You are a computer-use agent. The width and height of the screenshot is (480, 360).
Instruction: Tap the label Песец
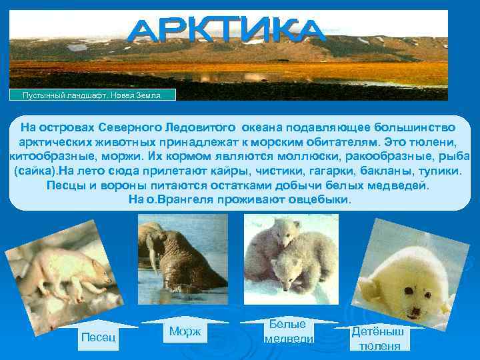point(99,337)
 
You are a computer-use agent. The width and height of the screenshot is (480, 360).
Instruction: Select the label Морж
point(185,331)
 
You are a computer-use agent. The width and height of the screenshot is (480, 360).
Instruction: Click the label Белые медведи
point(289,331)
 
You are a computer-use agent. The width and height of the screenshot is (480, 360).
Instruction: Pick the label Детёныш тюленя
point(379,338)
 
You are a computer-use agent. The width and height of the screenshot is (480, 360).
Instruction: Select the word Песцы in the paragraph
point(65,185)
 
